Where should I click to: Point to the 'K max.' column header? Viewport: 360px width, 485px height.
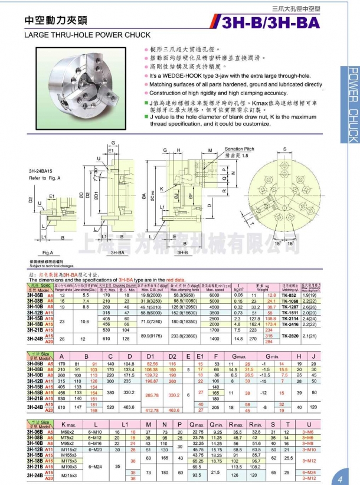[72, 424]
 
